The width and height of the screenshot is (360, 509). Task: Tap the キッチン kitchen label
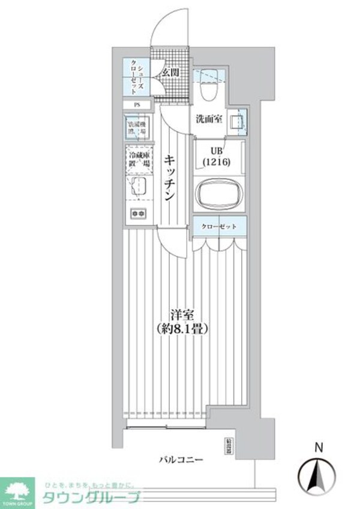(170, 177)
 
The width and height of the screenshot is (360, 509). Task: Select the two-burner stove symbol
(138, 212)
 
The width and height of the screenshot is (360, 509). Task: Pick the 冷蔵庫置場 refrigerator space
(138, 159)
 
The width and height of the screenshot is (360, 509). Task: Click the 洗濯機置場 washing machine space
(138, 127)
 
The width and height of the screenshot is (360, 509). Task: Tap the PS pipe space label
(137, 106)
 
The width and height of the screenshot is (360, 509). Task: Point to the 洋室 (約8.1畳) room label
(184, 321)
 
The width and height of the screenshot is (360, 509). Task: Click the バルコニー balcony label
(181, 460)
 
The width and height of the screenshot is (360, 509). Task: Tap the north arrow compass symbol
(319, 474)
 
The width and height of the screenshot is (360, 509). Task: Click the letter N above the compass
(319, 447)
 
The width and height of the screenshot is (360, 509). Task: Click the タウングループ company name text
(91, 497)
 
